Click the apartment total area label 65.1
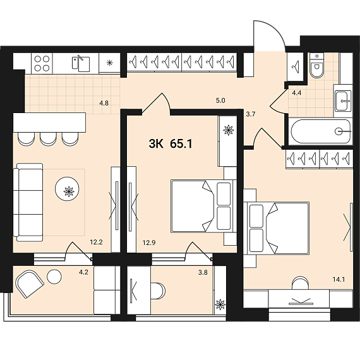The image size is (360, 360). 181,144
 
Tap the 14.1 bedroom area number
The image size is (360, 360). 339,279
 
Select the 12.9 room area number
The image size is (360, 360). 149,243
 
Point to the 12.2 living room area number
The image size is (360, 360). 96,242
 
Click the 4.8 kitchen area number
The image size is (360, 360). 104,103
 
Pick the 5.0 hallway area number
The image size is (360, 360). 220,100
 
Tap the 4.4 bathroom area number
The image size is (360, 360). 297,93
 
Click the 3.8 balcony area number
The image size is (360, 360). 203,272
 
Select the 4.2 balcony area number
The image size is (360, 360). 83,272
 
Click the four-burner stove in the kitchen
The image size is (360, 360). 42,63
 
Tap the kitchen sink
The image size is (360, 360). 81,63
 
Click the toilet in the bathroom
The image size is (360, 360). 316,66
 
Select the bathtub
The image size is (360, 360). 321,132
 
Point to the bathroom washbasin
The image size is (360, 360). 343,100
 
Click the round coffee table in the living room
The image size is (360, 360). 67,189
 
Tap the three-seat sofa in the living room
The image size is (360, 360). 28,203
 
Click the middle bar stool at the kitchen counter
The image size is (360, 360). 48,140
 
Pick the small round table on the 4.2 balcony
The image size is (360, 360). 54,276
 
